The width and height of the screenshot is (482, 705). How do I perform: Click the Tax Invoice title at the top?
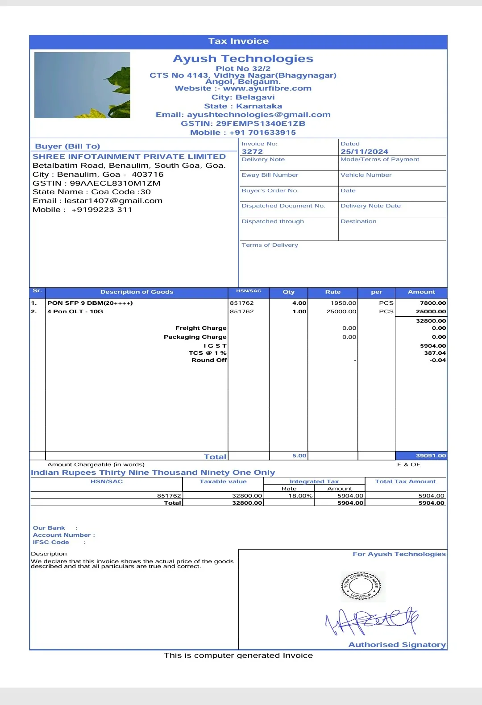point(238,41)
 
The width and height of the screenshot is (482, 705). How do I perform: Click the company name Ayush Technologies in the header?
point(243,59)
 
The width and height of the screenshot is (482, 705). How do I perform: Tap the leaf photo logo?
point(82,85)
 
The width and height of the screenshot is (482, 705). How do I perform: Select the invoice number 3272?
point(252,152)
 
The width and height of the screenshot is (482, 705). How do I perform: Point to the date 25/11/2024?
point(364,152)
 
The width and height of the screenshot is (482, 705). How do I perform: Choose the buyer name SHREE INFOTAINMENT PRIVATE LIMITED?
point(129,157)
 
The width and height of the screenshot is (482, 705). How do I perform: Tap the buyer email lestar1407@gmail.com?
point(113,201)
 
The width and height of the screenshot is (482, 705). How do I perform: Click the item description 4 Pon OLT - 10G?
point(75,311)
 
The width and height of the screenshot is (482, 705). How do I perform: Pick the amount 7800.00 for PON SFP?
point(432,303)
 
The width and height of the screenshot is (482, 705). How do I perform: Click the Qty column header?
point(288,292)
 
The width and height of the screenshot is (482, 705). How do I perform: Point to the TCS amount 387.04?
point(435,353)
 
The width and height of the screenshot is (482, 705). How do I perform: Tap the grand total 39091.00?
point(431,456)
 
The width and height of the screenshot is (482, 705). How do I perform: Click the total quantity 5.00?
point(299,456)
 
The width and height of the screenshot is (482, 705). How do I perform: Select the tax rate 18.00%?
point(300,496)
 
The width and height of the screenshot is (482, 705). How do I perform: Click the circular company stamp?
point(361,586)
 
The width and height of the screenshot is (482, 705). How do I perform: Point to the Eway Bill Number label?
point(270,175)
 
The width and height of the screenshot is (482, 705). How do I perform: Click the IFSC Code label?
point(51,542)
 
